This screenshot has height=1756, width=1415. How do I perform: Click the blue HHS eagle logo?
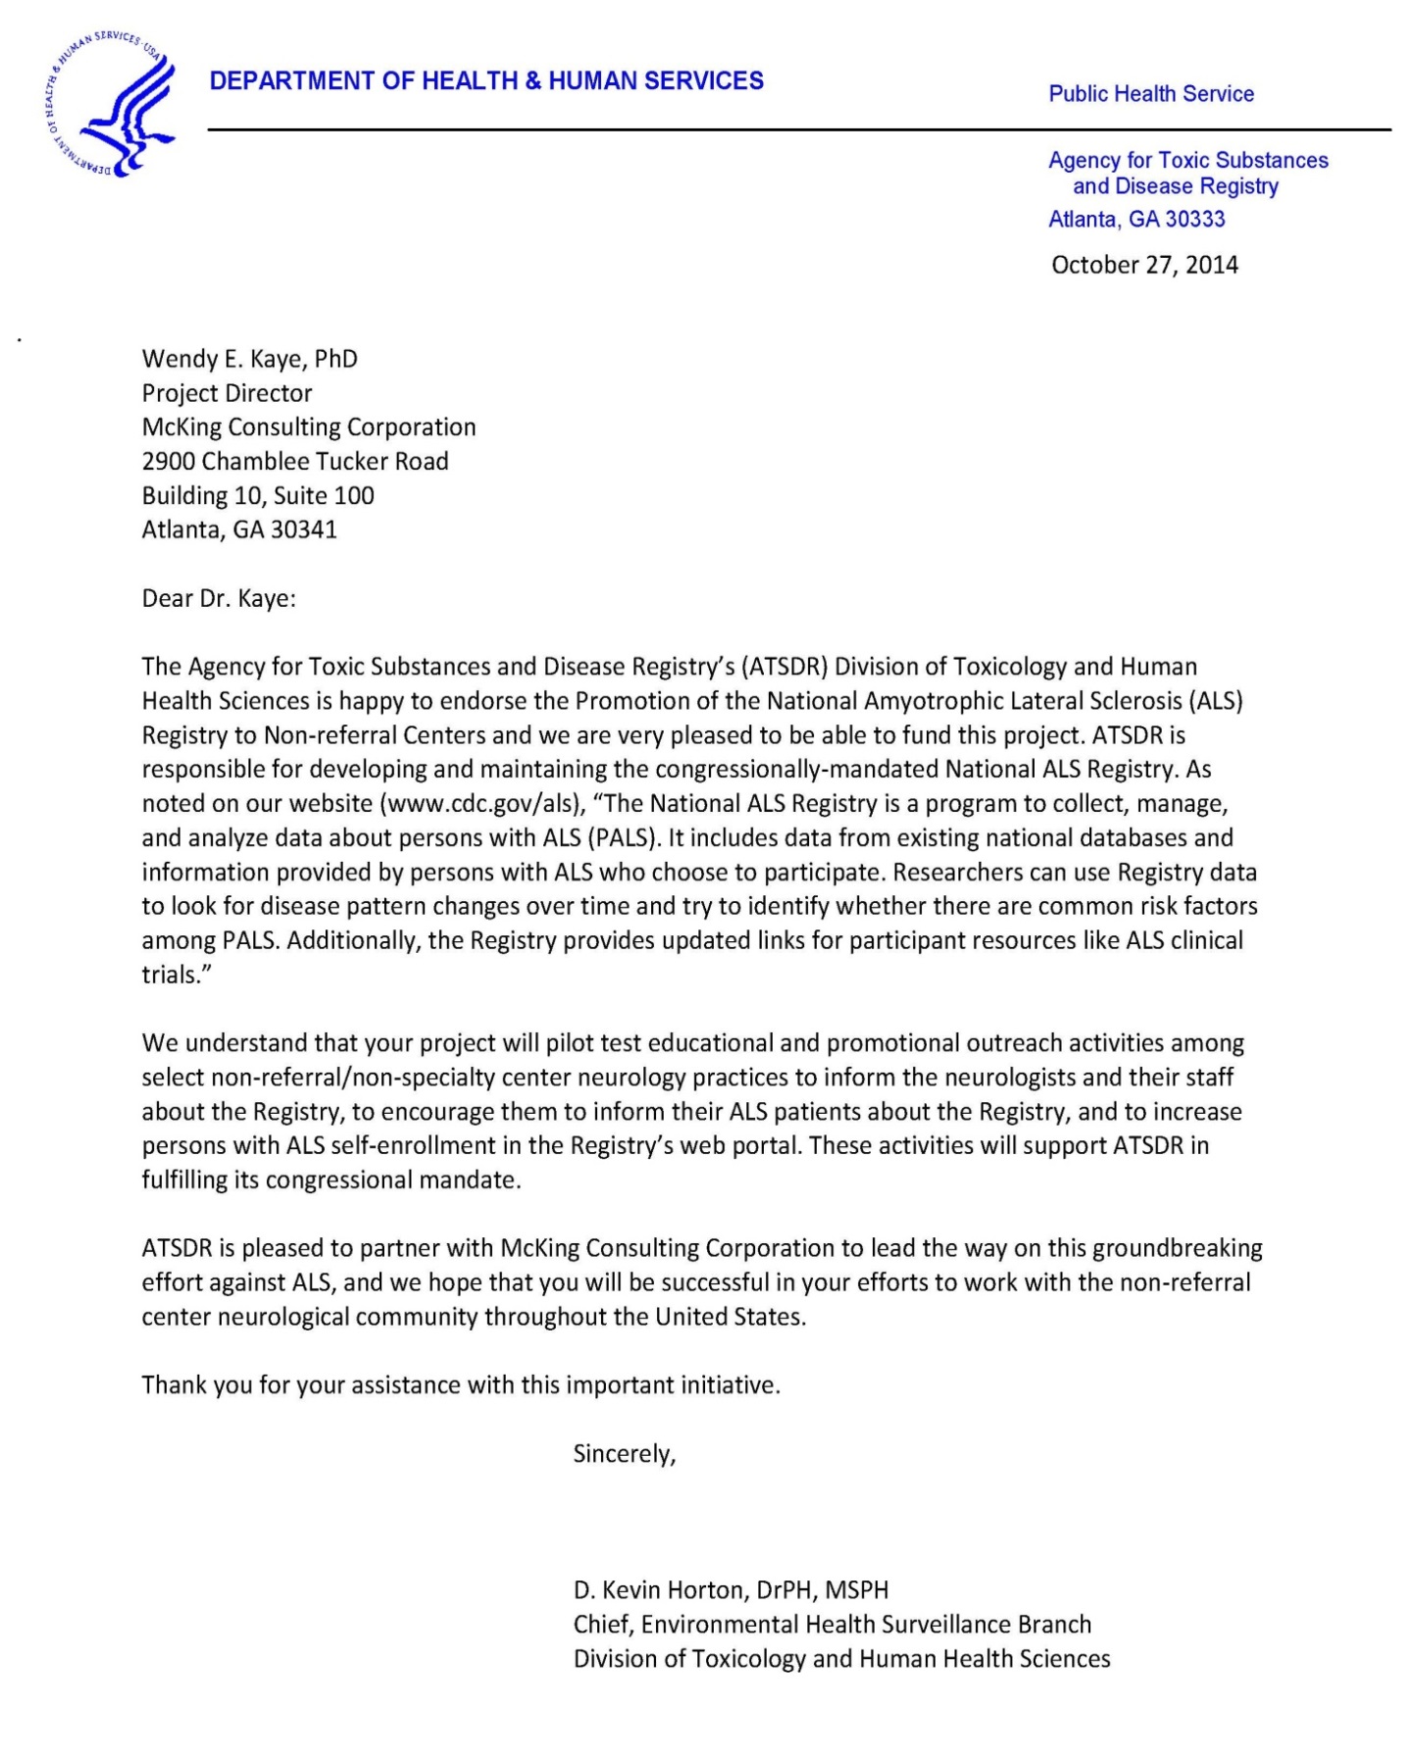coord(110,105)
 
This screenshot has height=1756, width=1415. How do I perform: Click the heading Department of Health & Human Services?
coord(486,81)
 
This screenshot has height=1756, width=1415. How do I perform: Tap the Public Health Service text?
coord(1151,94)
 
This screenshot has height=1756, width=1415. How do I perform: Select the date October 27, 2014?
coord(1144,265)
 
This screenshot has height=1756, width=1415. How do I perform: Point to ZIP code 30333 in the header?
coord(1194,219)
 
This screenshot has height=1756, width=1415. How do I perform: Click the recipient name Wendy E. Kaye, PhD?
coord(250,359)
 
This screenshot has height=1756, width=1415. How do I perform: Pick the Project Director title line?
coord(227,393)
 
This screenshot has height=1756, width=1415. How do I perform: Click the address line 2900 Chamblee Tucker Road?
coord(295,461)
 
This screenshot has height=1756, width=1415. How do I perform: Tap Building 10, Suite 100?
coord(258,495)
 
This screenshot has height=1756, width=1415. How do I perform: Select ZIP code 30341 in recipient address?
coord(304,529)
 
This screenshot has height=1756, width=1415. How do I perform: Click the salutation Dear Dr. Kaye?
coord(219,598)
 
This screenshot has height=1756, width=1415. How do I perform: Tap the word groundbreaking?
coord(1177,1248)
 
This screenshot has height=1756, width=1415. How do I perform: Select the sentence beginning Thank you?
coord(461,1385)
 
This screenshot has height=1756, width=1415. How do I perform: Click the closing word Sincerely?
coord(625,1453)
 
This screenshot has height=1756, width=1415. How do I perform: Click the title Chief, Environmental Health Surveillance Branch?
coord(832,1625)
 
